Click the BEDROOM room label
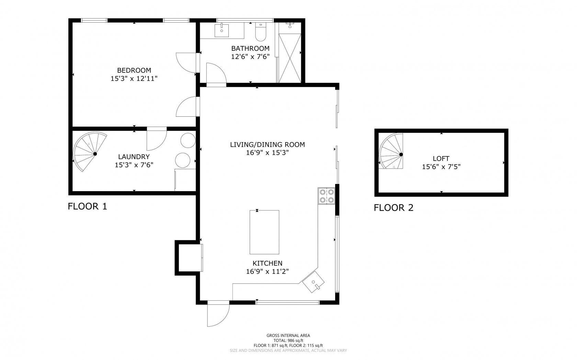coord(134,70)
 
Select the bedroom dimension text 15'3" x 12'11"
coord(134,79)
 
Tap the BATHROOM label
coord(250,48)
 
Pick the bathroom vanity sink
coord(222,30)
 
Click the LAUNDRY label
coord(134,157)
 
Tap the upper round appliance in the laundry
coord(188,140)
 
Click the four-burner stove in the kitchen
coord(326,196)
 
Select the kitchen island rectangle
coord(264,232)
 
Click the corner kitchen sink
coord(314,282)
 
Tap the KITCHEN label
coord(267,263)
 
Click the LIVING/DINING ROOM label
coord(267,144)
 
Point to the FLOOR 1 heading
coord(88,206)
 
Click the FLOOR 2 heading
coord(394,208)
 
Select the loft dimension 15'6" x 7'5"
coord(441,167)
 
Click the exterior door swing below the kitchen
coord(218,314)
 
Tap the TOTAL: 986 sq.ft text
coord(288,340)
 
